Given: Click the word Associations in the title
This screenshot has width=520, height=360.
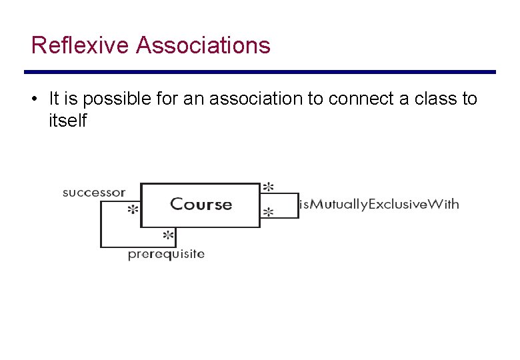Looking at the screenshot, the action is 203,46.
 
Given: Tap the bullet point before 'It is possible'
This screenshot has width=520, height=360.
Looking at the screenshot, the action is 33,99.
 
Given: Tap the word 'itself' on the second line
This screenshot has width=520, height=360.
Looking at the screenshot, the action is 67,121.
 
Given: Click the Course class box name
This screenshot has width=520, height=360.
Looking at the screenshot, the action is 201,205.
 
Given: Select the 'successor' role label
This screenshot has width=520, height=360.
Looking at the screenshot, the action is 93,193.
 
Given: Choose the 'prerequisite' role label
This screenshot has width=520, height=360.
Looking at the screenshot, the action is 166,254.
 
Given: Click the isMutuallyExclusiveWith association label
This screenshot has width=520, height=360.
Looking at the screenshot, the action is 379,204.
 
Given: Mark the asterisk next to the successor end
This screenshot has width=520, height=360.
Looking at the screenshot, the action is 133,210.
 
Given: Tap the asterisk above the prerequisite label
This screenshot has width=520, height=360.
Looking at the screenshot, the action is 169,236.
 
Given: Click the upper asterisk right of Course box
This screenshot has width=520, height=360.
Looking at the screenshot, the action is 268,187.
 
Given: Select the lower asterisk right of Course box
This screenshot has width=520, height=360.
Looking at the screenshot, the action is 268,213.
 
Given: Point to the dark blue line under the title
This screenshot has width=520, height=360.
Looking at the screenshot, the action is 260,72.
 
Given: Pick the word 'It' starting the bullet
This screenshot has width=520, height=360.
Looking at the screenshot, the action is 55,99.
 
